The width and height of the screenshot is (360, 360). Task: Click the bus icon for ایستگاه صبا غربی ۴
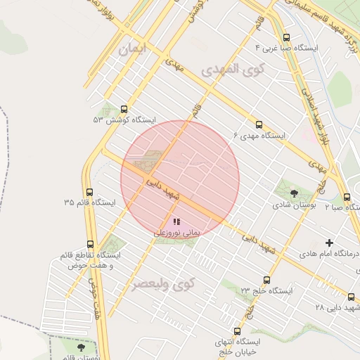coord(285,38)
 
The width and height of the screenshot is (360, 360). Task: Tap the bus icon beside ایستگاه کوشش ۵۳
coord(124,109)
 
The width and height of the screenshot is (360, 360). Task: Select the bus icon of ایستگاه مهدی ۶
coord(259,124)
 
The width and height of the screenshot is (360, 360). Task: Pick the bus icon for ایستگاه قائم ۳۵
coord(89,192)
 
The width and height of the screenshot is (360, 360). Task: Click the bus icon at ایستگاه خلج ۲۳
coord(266,280)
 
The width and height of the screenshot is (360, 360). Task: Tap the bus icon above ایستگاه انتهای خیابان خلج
coord(237,331)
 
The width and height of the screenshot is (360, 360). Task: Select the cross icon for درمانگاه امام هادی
coord(328,243)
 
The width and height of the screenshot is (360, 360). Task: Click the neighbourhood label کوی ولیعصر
coord(162,285)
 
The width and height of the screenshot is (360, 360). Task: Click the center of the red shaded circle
coord(180,179)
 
